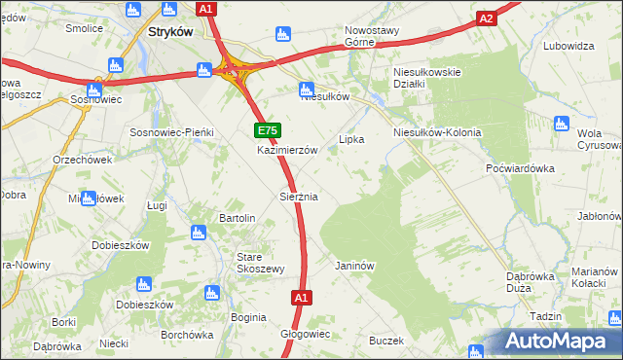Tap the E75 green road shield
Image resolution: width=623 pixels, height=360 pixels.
[269, 130]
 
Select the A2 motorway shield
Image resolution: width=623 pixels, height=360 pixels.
[488, 18]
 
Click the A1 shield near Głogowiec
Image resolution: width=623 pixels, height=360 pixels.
[301, 298]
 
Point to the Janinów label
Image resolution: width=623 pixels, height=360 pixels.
[354, 265]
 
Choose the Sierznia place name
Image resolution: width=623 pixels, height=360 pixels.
[299, 197]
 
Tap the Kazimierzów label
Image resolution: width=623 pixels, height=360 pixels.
[288, 151]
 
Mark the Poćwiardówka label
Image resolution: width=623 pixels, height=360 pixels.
[520, 167]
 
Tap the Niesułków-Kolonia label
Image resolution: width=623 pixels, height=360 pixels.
[437, 132]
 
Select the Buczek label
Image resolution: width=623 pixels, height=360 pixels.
[385, 341]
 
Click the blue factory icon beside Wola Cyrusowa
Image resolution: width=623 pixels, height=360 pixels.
[561, 124]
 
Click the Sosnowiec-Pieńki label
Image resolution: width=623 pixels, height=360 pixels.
[171, 131]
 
